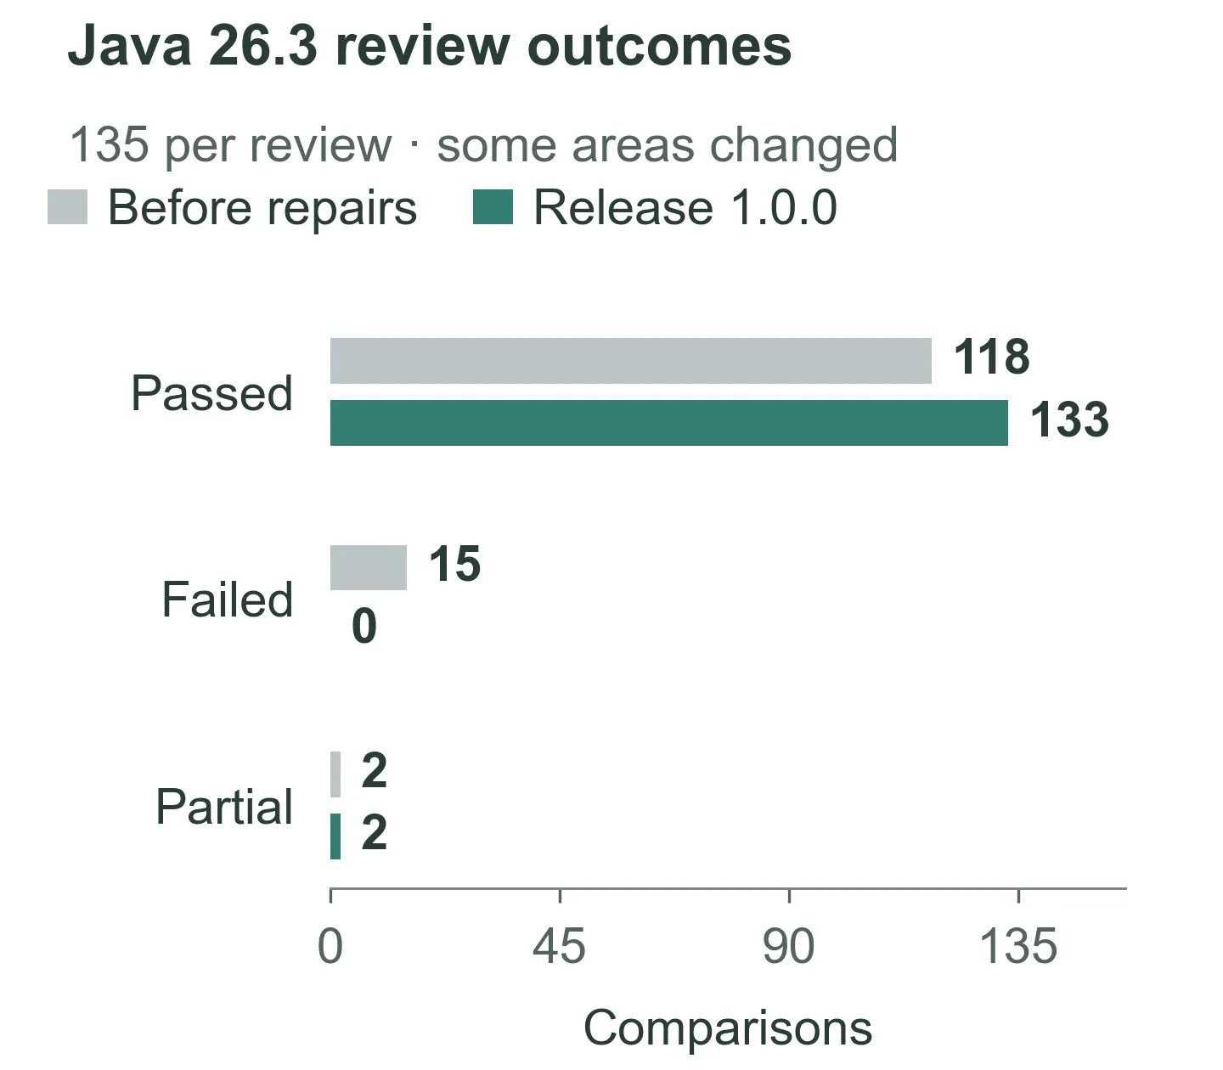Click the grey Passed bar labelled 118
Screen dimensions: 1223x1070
pos(631,360)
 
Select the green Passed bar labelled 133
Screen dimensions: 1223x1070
pos(669,423)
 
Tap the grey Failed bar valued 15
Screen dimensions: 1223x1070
pos(369,567)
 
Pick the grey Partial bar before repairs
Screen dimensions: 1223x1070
pos(335,774)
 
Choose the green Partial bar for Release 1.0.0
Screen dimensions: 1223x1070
pos(335,836)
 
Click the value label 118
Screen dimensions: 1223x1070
pos(992,357)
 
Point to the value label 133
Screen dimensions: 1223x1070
pos(1069,420)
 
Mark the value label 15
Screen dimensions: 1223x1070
pos(455,564)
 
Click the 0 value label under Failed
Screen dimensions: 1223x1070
pos(364,626)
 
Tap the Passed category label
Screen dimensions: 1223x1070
pos(212,394)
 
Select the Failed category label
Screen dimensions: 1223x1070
pos(228,600)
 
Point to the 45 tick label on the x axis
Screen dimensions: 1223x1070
pos(559,946)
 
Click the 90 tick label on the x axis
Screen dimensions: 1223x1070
pos(788,946)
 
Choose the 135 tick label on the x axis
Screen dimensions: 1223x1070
pos(1018,946)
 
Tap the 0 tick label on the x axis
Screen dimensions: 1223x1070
pos(330,946)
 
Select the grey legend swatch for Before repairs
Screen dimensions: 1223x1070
pos(68,207)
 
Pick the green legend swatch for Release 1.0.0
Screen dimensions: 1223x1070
pos(493,207)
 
